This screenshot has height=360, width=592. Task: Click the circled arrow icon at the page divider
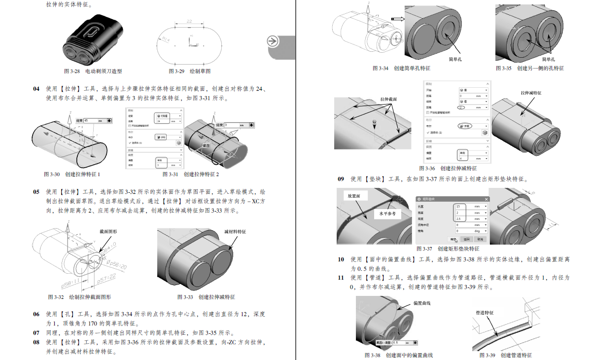[x=273, y=41]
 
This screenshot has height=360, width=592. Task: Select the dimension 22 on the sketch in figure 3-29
[x=189, y=21]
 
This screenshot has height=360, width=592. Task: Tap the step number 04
[x=36, y=89]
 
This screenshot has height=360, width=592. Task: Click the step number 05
[x=36, y=191]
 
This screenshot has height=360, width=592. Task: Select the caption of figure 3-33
[x=206, y=297]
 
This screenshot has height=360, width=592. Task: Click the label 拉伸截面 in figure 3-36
[x=388, y=99]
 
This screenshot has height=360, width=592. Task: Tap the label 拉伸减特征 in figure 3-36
[x=531, y=93]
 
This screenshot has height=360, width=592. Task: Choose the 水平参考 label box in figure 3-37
[x=387, y=214]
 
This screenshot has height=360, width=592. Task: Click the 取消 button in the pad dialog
[x=480, y=239]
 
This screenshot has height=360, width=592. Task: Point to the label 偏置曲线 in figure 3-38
[x=422, y=303]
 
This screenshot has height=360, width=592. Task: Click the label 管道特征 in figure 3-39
[x=485, y=313]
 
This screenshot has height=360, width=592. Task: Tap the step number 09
[x=341, y=179]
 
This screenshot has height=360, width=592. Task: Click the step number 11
[x=341, y=278]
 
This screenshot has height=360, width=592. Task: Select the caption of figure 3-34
[x=402, y=68]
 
